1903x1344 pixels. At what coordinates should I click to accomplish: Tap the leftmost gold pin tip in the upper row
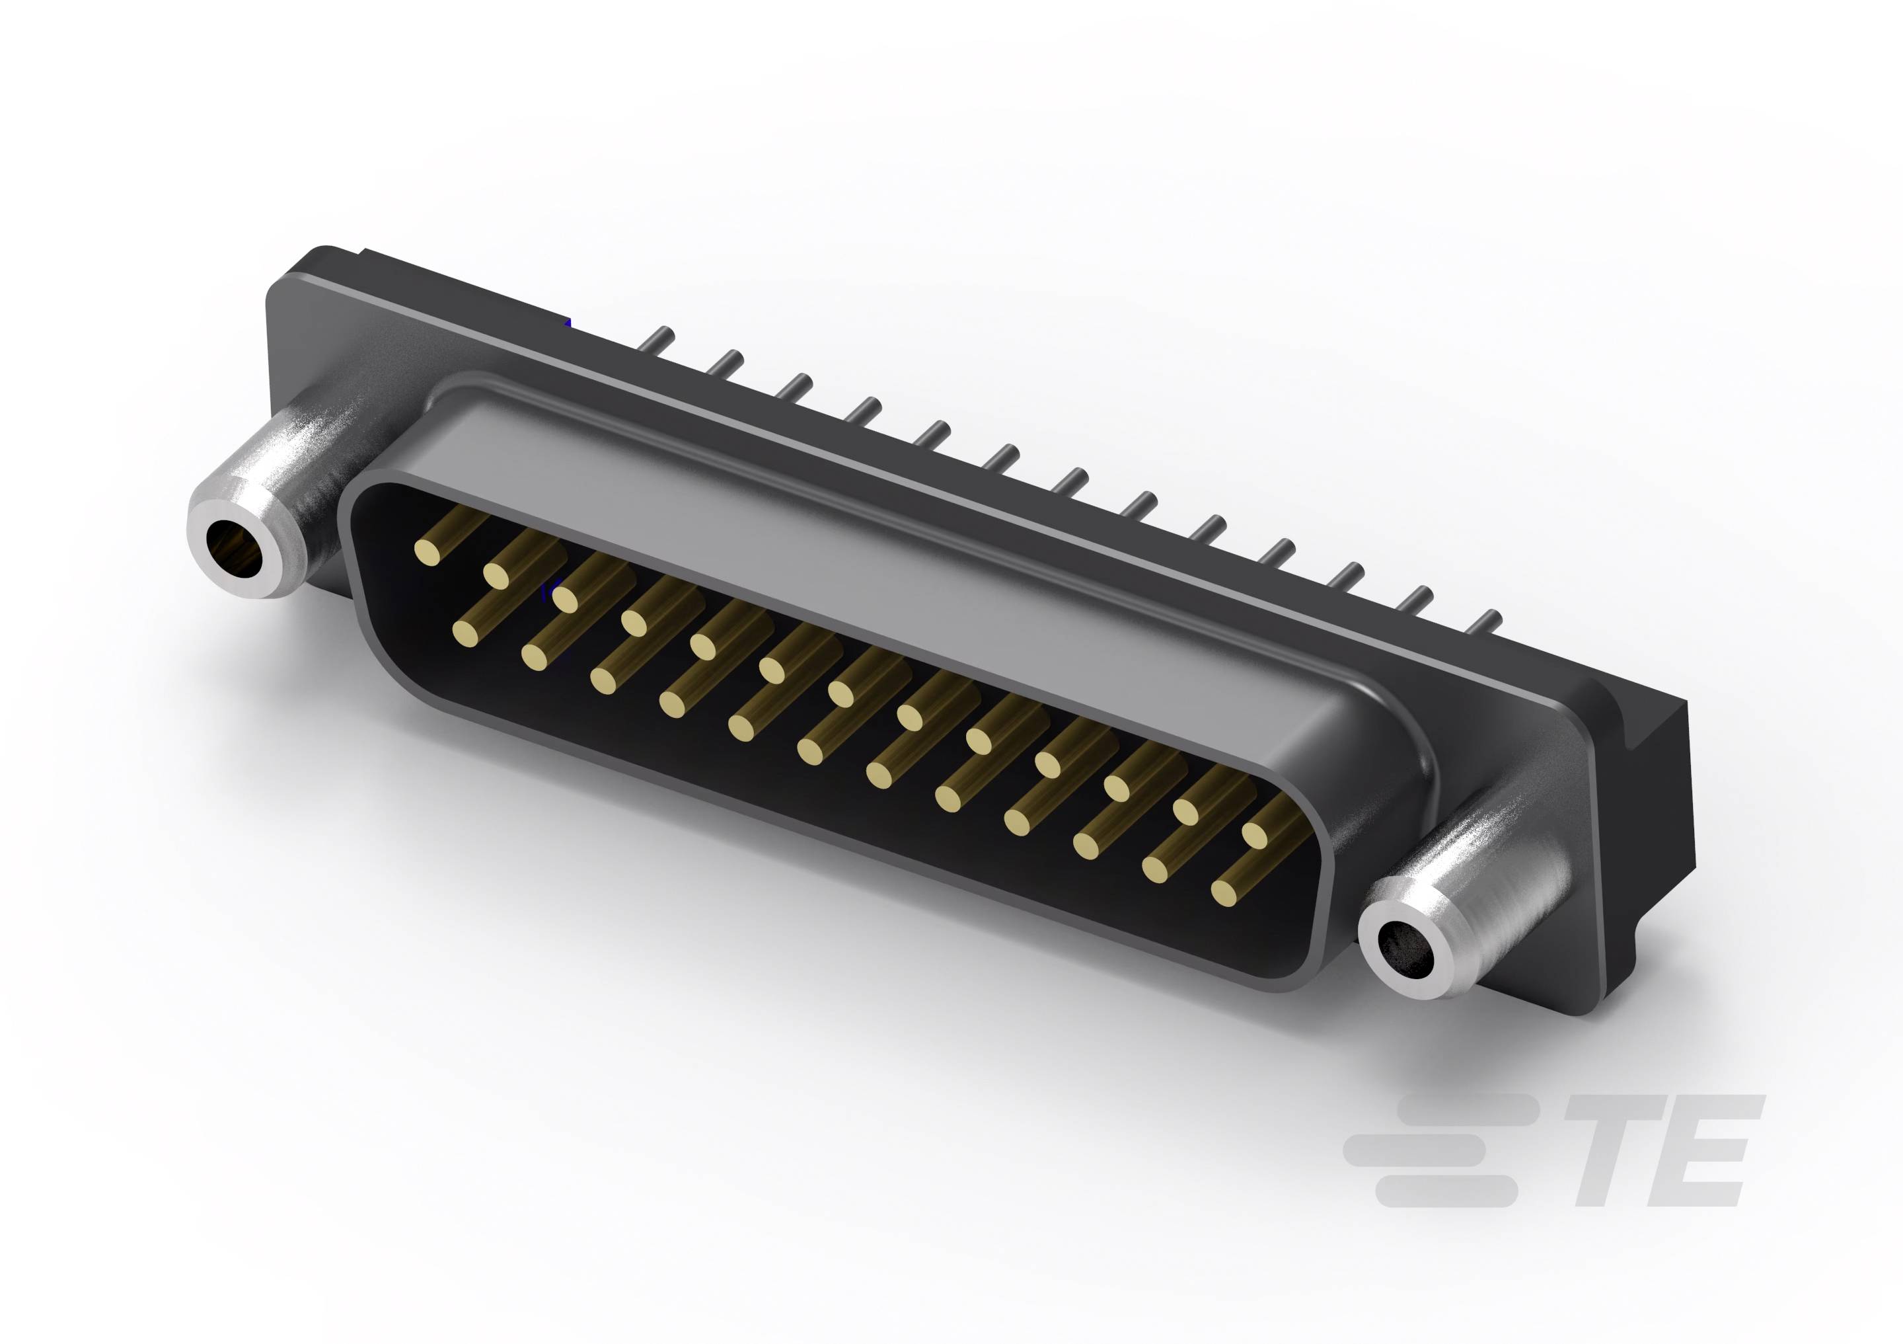pos(427,551)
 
